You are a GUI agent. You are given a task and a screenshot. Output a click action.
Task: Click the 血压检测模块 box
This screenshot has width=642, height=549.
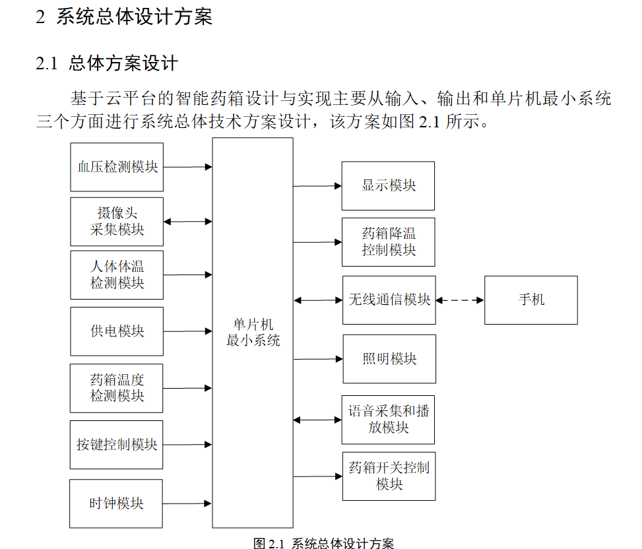(117, 167)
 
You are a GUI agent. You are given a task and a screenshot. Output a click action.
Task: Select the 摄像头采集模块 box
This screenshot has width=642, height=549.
(117, 222)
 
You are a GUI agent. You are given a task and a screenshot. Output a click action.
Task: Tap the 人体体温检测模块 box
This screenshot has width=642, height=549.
(117, 274)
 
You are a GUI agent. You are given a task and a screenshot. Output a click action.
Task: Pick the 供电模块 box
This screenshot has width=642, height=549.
(117, 331)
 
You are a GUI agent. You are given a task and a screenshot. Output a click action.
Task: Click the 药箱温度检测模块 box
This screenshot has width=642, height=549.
(117, 388)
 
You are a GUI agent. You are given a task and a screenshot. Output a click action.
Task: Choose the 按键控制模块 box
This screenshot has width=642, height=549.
(117, 445)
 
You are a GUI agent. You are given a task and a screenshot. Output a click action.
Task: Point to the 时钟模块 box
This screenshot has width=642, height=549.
(116, 503)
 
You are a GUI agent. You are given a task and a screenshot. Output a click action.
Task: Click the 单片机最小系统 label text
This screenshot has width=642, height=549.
(253, 333)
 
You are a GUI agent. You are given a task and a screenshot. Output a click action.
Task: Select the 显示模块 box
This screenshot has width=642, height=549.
(388, 185)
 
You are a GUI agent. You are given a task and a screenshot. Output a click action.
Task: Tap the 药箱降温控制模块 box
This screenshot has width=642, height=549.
(388, 242)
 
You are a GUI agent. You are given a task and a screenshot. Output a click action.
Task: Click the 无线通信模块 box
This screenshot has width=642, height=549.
(389, 300)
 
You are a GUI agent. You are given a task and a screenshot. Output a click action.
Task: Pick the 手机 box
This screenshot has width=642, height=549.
(530, 300)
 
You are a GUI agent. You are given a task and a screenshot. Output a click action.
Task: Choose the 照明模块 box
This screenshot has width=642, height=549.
(389, 359)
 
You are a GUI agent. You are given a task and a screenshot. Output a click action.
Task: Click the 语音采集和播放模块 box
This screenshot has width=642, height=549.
(388, 420)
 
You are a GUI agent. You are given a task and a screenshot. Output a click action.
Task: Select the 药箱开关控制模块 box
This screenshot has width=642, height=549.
(389, 476)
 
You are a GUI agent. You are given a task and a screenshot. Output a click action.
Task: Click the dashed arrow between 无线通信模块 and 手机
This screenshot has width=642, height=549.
(460, 300)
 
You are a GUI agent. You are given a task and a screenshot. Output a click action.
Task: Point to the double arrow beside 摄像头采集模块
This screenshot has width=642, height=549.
(187, 222)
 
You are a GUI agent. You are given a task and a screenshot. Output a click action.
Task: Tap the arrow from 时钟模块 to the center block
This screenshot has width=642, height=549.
(187, 503)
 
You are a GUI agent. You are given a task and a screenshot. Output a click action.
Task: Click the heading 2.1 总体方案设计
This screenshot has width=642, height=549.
(107, 63)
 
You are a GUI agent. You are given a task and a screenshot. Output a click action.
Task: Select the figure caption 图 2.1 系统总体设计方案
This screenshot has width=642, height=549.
(323, 543)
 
